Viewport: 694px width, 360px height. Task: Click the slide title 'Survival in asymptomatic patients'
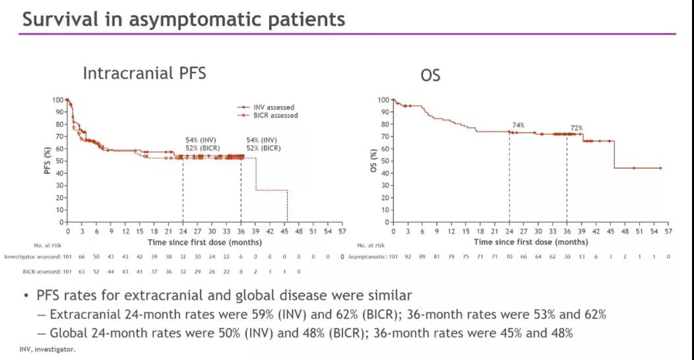pos(183,19)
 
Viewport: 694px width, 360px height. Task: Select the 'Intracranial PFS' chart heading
pos(144,73)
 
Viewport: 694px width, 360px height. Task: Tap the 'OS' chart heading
pos(430,76)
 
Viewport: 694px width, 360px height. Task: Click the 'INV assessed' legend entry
pos(276,107)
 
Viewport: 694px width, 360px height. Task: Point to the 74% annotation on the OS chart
pos(518,124)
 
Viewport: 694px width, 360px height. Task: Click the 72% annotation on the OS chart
pos(576,128)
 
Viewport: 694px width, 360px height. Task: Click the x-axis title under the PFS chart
pos(205,242)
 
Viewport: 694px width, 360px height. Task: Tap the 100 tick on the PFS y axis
pos(58,100)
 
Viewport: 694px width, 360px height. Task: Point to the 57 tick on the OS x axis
pos(668,232)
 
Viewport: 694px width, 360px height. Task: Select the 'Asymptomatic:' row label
pos(367,256)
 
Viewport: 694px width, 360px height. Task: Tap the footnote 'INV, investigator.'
pos(47,349)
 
